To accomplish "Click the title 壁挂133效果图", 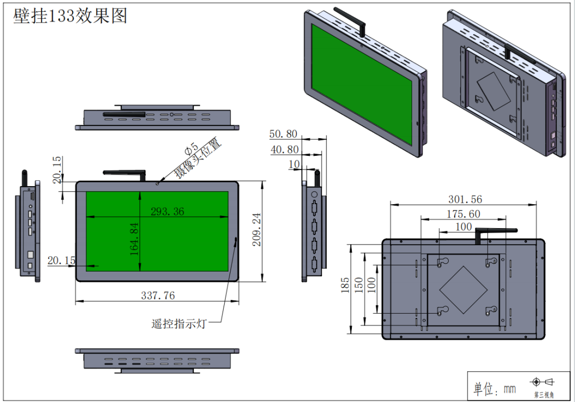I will (70, 15).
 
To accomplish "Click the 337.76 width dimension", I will (158, 295).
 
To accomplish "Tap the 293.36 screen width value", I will (167, 212).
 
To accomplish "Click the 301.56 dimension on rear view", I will (465, 199).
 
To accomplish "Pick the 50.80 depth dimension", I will (284, 134).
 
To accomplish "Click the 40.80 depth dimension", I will (284, 150).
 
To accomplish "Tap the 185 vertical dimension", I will (346, 288).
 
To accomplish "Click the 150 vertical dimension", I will (359, 288).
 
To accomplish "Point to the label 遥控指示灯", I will (178, 323).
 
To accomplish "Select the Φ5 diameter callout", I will (191, 149).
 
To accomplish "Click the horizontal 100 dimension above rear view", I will (464, 227).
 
